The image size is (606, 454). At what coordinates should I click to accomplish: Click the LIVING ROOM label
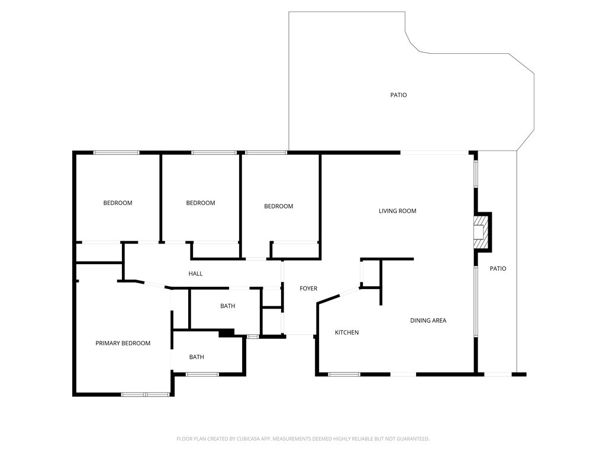(398, 211)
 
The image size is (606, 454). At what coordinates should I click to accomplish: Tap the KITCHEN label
(347, 333)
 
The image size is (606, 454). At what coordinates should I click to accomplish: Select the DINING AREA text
(428, 320)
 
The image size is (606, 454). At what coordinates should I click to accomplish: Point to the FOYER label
(308, 288)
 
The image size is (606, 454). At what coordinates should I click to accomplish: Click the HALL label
(195, 274)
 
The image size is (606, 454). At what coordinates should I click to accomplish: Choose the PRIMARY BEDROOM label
(123, 343)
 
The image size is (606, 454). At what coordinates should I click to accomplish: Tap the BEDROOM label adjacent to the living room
(278, 206)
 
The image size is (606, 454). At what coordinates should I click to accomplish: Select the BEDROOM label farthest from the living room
(118, 203)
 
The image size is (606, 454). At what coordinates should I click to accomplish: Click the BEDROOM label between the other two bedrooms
(201, 203)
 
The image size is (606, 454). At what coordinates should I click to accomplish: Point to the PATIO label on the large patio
(398, 95)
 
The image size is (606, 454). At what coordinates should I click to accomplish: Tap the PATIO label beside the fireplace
(498, 269)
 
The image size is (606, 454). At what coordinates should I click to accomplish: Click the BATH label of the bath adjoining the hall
(227, 306)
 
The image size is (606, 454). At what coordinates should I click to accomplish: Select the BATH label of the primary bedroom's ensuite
(196, 357)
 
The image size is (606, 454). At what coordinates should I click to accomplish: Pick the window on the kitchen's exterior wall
(344, 374)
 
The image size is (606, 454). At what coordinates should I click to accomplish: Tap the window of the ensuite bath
(202, 374)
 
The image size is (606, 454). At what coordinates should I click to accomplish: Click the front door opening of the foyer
(299, 336)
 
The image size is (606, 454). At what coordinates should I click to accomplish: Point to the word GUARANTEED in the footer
(412, 439)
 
